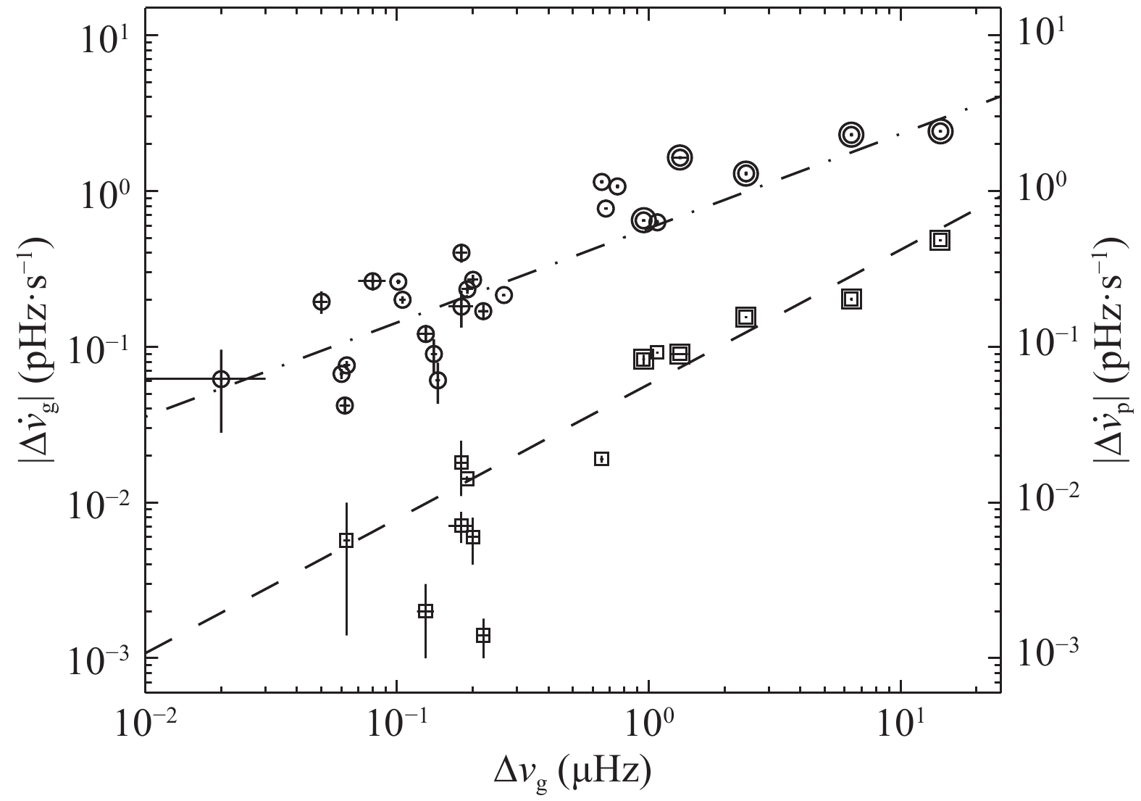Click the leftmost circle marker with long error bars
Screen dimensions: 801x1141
221,378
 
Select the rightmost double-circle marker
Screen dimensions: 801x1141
940,131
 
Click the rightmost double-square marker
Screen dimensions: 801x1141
940,240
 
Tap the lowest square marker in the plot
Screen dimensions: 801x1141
483,635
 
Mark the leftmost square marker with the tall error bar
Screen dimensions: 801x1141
346,540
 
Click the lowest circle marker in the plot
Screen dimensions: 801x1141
345,405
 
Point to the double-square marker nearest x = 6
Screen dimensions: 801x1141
852,299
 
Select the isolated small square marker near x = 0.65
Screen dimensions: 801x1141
601,459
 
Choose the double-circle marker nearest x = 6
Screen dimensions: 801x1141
851,134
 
